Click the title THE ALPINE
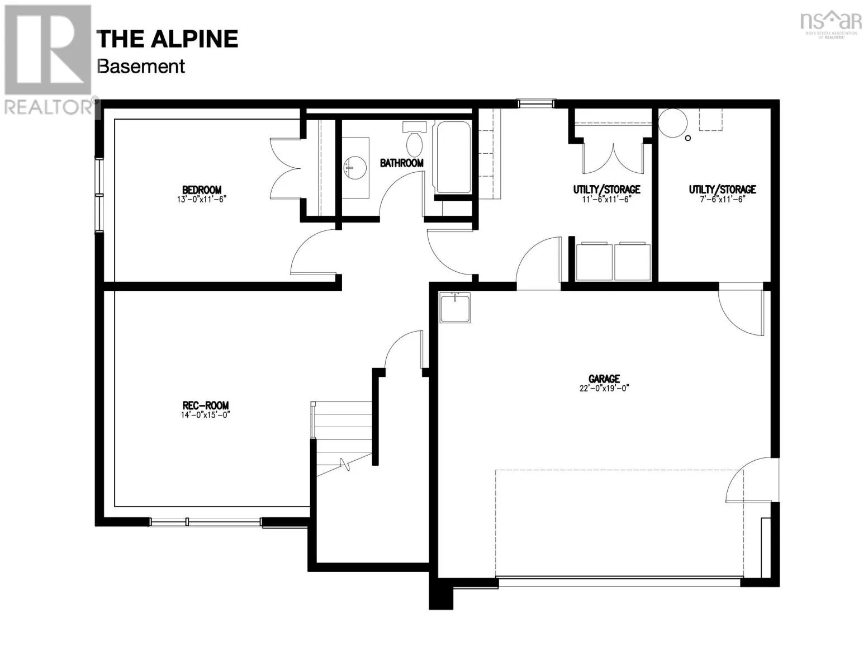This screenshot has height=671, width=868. click(167, 39)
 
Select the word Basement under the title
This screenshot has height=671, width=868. click(140, 66)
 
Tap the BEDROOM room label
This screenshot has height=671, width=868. click(201, 190)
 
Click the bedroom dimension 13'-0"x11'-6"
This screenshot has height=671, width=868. click(201, 200)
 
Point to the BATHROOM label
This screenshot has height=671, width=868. click(401, 163)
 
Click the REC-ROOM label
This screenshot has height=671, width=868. click(205, 405)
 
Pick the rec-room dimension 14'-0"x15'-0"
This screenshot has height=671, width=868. click(205, 415)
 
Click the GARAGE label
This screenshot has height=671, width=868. click(604, 379)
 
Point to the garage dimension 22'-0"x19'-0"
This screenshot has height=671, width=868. click(604, 389)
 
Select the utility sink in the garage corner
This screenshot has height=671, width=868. click(455, 308)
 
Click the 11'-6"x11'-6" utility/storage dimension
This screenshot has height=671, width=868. click(606, 200)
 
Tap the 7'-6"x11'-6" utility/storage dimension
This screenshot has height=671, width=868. click(722, 200)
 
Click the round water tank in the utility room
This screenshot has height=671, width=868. click(671, 122)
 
